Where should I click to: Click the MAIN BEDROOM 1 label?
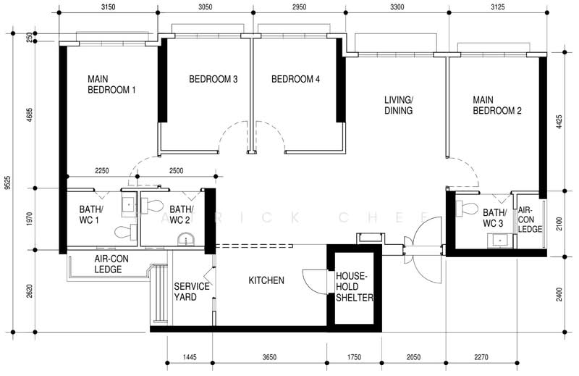click(111, 85)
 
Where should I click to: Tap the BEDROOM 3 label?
click(214, 80)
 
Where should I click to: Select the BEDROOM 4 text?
click(295, 80)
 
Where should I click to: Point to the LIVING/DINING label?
click(398, 106)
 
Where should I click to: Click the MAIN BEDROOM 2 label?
click(497, 106)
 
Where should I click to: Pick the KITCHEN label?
click(266, 280)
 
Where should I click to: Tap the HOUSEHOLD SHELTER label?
click(353, 287)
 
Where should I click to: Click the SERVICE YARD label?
click(192, 292)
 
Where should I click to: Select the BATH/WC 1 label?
click(92, 215)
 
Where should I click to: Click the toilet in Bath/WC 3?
click(469, 209)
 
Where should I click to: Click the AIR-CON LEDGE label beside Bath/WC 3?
click(530, 219)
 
